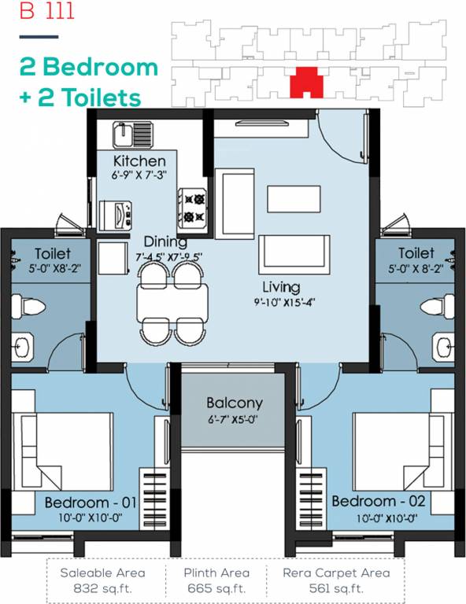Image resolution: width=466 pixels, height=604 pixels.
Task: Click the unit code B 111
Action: pyautogui.click(x=32, y=13)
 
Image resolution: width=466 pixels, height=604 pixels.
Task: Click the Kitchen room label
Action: pyautogui.click(x=140, y=160)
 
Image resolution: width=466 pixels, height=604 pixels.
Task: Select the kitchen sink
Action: pyautogui.click(x=125, y=135)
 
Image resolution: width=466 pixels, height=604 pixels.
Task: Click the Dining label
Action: pyautogui.click(x=165, y=242)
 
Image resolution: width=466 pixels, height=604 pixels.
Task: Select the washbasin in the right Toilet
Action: pyautogui.click(x=442, y=344)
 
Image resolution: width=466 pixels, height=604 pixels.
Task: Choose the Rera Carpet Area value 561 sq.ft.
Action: pyautogui.click(x=334, y=587)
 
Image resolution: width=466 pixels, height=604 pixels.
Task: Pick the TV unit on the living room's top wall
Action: pyautogui.click(x=264, y=123)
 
